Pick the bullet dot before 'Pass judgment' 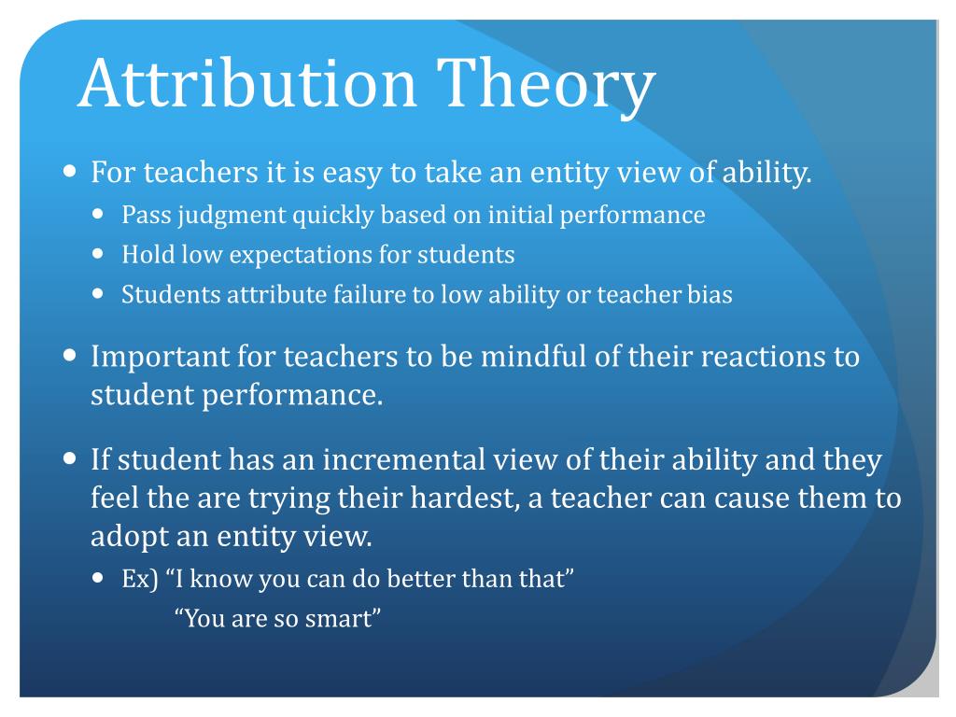(x=101, y=214)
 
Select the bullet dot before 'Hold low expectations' (x=101, y=253)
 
